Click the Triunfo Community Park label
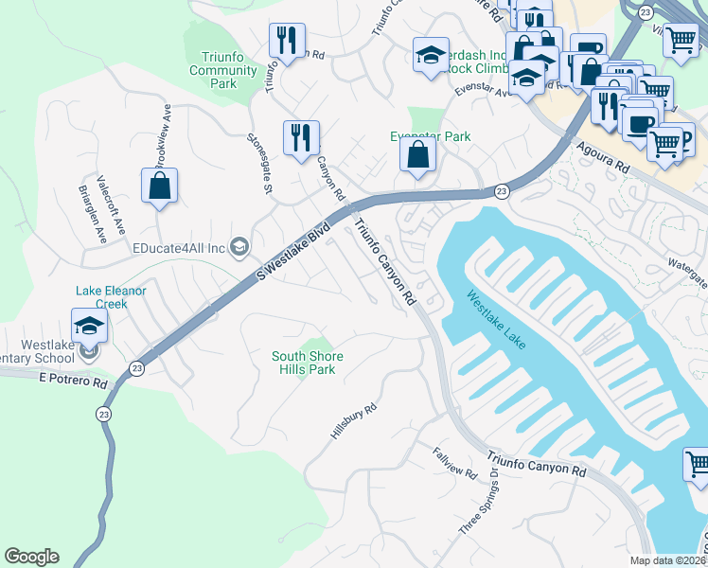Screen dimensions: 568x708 (223, 71)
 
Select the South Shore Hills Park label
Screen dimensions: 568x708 (308, 363)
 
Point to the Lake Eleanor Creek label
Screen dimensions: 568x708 (112, 297)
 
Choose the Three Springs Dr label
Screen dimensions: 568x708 (477, 505)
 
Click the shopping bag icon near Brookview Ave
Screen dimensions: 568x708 (159, 186)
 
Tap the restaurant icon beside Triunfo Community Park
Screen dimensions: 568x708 (285, 40)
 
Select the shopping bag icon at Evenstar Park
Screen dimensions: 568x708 (417, 156)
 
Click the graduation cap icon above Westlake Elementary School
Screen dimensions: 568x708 (89, 326)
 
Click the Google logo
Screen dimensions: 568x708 (31, 557)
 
